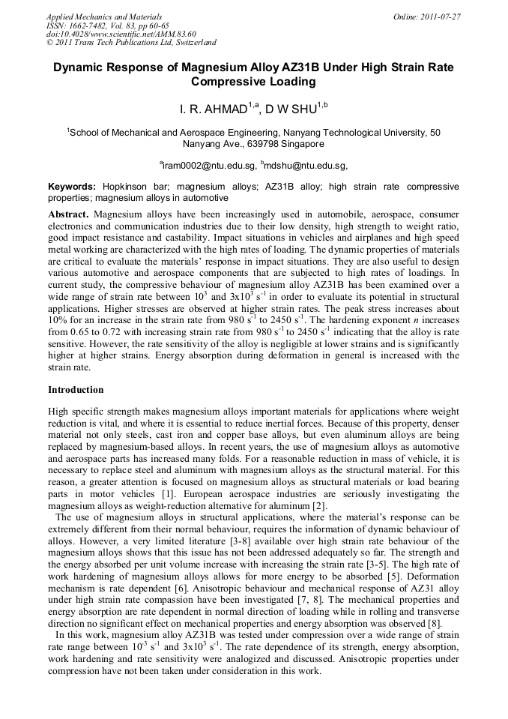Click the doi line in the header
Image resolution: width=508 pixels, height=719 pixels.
(x=121, y=34)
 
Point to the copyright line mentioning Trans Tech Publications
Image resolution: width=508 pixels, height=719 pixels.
(x=131, y=43)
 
